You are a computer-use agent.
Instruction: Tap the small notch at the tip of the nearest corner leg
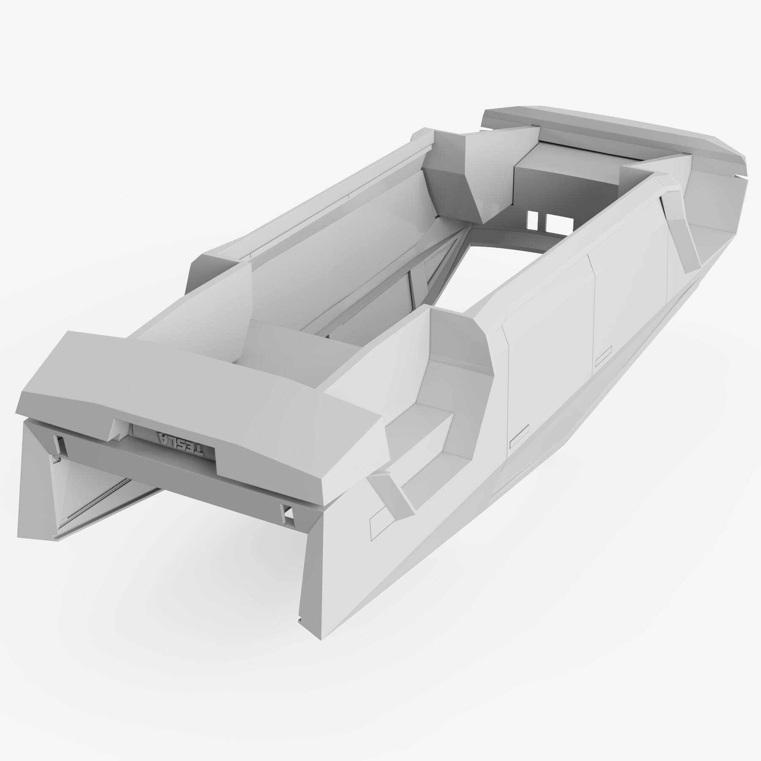(301, 619)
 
